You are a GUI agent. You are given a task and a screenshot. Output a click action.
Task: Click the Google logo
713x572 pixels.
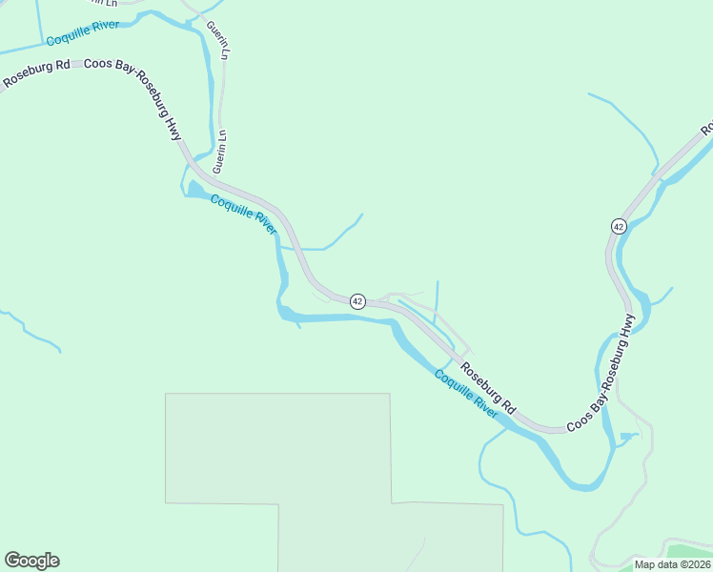pos(31,561)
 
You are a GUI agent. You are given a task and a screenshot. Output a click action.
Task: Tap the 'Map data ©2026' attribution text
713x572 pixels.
pos(672,564)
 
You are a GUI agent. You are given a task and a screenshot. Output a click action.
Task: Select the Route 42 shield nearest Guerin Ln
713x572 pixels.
pos(357,301)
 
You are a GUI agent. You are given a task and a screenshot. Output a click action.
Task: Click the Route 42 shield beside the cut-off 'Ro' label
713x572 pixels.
pos(619,226)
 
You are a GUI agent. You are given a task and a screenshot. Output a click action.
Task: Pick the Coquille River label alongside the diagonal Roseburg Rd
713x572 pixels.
pos(466,393)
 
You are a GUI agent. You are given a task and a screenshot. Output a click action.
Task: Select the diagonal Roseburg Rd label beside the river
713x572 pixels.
pos(487,386)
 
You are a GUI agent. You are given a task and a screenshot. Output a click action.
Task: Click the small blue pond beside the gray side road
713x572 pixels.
pos(626,437)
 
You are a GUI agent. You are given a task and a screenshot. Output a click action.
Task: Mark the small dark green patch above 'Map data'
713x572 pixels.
pos(688,551)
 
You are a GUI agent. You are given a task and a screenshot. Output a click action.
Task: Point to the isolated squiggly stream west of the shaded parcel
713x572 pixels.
pos(29,329)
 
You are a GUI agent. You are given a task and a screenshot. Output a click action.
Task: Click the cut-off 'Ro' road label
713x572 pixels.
pos(706,127)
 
